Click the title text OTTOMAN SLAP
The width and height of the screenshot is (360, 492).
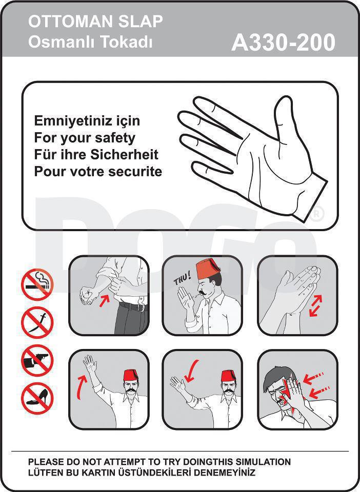coord(95,22)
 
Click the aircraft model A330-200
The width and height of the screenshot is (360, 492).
coord(283,43)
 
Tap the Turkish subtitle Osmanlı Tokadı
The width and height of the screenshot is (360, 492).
coord(90,42)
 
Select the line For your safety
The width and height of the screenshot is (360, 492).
coord(85,138)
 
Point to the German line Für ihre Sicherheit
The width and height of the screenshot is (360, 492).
coord(96,154)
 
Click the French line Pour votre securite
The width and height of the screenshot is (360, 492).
coord(98,171)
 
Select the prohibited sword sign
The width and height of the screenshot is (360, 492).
coord(37,322)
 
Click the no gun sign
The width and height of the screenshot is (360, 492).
coord(37,360)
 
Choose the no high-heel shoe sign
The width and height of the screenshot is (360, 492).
coord(37,398)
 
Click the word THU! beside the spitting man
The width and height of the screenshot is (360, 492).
coord(183,279)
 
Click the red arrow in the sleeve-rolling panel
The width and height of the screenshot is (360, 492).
coord(105,301)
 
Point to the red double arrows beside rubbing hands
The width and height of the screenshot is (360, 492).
coord(315,306)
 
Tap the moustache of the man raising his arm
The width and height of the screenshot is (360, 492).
coord(131,390)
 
